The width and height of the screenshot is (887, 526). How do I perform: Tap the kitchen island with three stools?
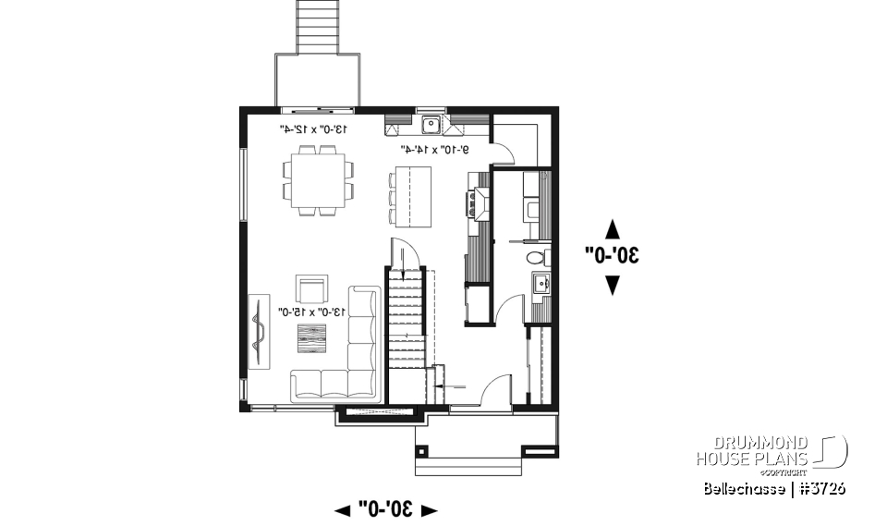(411, 196)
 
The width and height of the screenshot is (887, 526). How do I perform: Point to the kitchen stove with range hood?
(480, 202)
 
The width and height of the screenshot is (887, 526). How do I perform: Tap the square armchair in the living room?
(311, 288)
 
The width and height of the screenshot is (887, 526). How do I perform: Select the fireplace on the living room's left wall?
(258, 332)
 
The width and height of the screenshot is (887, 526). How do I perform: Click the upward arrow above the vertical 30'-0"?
(612, 227)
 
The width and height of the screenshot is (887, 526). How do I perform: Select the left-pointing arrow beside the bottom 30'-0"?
(343, 509)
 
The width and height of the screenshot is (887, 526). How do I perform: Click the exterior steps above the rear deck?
(318, 25)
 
